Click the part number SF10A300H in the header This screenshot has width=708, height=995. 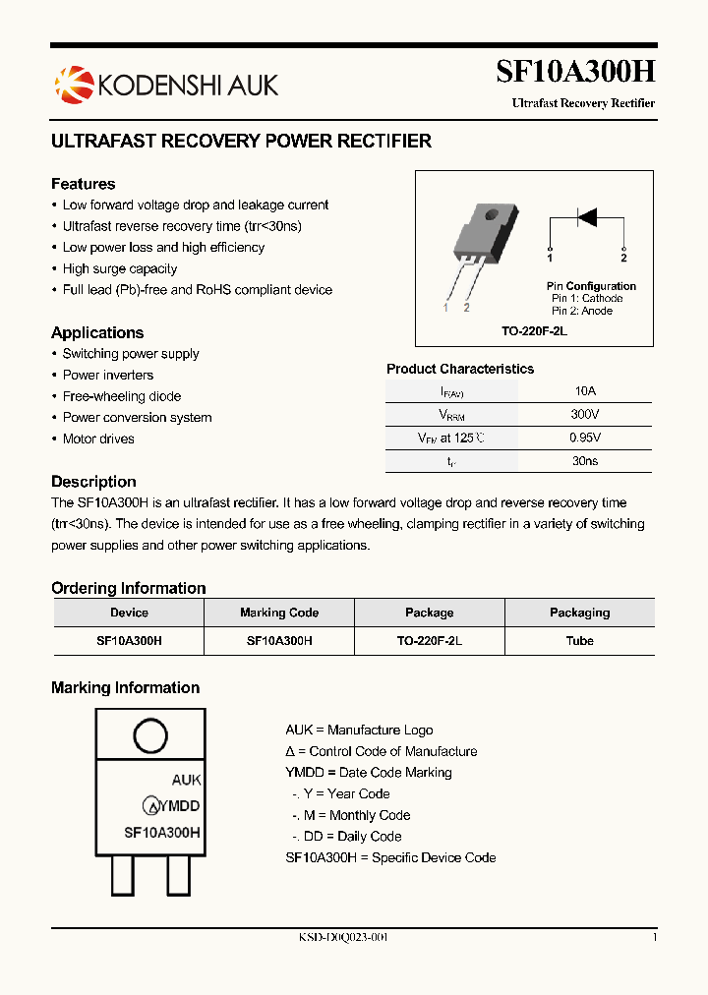(x=574, y=73)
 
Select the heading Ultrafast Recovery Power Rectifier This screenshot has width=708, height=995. (x=241, y=142)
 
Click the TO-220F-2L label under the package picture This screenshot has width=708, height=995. (x=534, y=332)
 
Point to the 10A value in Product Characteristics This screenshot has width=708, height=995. (x=585, y=390)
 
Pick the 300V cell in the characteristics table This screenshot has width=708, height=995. (x=585, y=414)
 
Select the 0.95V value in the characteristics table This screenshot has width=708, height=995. (x=585, y=438)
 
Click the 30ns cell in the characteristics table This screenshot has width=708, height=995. (x=585, y=460)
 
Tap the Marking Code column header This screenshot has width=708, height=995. (x=279, y=613)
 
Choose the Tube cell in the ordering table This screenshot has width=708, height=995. (x=579, y=640)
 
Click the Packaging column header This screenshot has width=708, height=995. (x=579, y=613)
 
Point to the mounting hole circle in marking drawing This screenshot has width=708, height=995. (x=149, y=735)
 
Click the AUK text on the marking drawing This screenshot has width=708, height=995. (x=186, y=780)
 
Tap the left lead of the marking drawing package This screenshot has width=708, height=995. (x=123, y=874)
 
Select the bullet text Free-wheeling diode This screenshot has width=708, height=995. (x=122, y=396)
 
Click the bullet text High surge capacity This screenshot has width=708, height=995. (x=120, y=268)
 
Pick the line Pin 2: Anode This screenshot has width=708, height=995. (x=582, y=311)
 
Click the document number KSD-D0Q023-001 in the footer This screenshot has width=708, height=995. (x=343, y=937)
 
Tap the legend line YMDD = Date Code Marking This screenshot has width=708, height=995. (x=369, y=773)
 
